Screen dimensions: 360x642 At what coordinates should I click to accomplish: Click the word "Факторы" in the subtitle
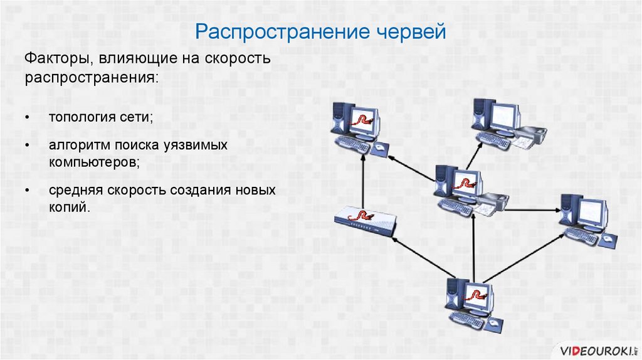pyautogui.click(x=51, y=59)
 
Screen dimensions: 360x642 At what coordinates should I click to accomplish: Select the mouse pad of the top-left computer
pyautogui.click(x=381, y=148)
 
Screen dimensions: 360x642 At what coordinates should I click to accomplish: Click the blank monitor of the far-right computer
pyautogui.click(x=592, y=213)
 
